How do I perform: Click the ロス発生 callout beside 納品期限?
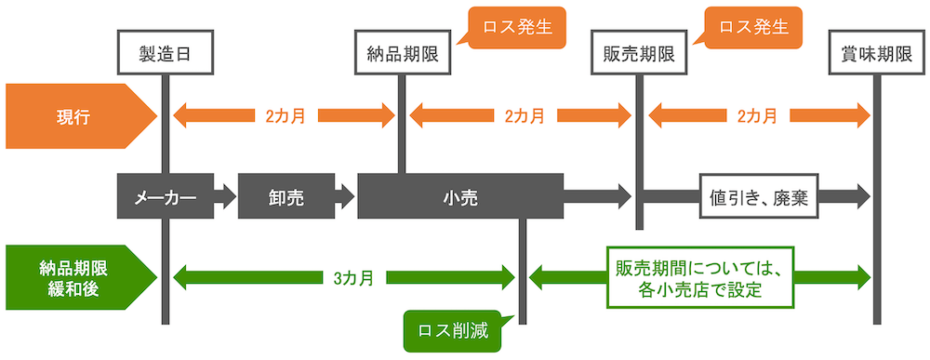pyautogui.click(x=511, y=27)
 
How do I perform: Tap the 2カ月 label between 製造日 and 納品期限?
pyautogui.click(x=285, y=116)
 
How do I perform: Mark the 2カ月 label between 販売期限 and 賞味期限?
pyautogui.click(x=758, y=116)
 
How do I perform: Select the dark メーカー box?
pyautogui.click(x=165, y=196)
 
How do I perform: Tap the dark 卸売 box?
pyautogui.click(x=285, y=196)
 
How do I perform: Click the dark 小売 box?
pyautogui.click(x=460, y=196)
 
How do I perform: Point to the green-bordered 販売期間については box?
pyautogui.click(x=700, y=277)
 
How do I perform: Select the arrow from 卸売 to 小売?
pyautogui.click(x=344, y=196)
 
